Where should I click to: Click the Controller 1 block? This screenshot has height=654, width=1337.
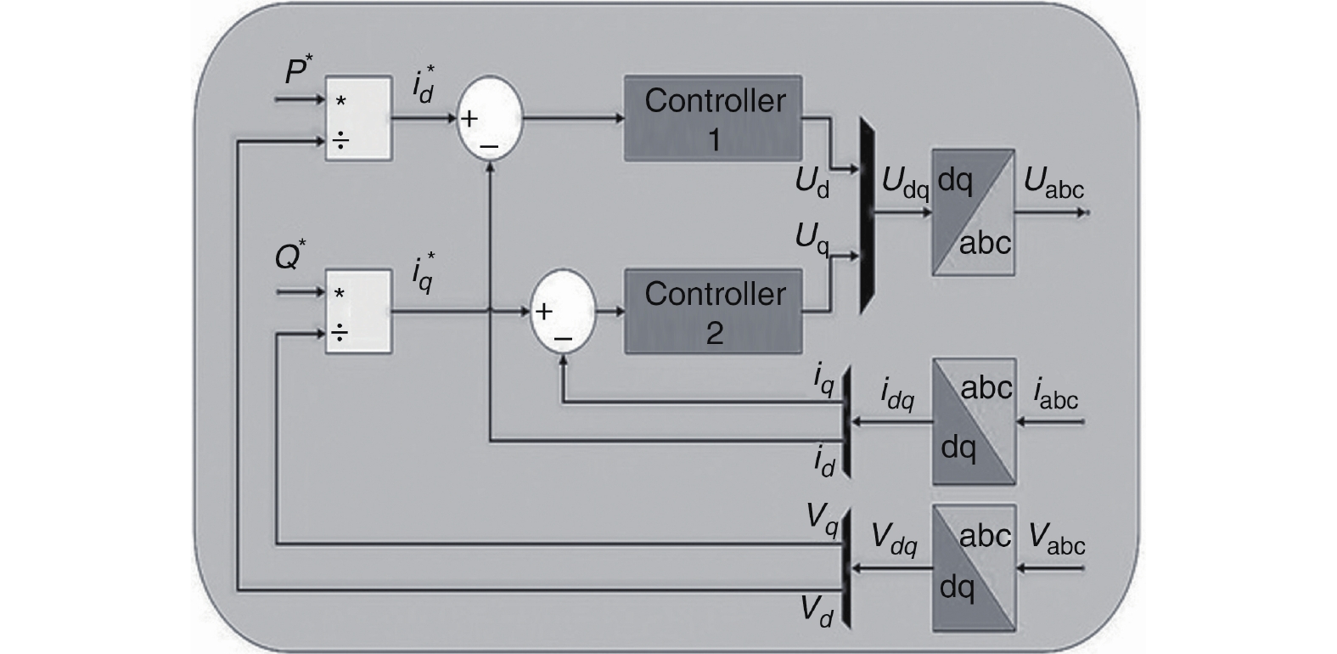(713, 118)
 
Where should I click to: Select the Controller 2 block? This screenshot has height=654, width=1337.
(713, 312)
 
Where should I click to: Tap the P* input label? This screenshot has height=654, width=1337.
(295, 71)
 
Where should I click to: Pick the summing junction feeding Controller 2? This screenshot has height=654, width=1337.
(563, 312)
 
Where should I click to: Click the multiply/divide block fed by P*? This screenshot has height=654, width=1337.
(358, 118)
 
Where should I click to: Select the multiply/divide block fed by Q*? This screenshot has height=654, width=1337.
(358, 312)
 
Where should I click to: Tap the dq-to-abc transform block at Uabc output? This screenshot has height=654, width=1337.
(973, 212)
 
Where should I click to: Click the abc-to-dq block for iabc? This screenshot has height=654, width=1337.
(974, 421)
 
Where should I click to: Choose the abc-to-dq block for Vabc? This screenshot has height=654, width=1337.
(974, 567)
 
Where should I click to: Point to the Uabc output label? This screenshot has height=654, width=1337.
(1053, 183)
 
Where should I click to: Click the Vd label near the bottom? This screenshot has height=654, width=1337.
(816, 611)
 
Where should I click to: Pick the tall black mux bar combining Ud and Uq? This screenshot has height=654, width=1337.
(867, 214)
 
